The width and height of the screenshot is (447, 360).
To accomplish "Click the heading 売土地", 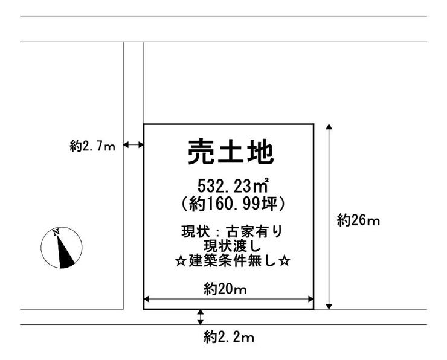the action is pos(231,152).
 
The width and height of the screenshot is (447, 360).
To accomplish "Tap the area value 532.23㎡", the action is pos(233,187).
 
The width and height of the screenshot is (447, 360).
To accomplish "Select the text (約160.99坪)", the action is pos(233,204).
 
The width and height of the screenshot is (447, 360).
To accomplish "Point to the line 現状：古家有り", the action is pos(232,231).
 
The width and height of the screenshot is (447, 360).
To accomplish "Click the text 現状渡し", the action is pos(232,246).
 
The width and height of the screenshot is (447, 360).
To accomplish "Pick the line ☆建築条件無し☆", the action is pos(233,261).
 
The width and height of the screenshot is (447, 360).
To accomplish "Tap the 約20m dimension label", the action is pos(225,289).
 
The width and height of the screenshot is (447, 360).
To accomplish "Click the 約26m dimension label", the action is pos(358,220).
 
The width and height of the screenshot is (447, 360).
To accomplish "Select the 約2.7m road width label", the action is pos(92,146).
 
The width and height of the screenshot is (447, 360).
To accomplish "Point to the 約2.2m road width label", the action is pos(228,338).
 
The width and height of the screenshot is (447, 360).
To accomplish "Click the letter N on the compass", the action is pos(56,233).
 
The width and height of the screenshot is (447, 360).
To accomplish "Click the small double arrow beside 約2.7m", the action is pos(133,145).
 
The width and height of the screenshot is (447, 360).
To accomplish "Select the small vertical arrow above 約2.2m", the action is pos(201,317).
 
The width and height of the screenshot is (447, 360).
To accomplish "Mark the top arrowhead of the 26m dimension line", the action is pos(329,127).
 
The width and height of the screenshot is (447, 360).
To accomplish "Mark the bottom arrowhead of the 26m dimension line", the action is pos(329,306).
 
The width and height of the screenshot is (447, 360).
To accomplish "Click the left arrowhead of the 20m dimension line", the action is pos(147,299).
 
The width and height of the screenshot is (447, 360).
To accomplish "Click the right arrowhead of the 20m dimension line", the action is pos(310,299).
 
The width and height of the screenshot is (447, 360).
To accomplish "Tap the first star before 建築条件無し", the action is pos(181,261).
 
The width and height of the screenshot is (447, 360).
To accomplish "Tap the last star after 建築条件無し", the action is pos(285,261).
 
